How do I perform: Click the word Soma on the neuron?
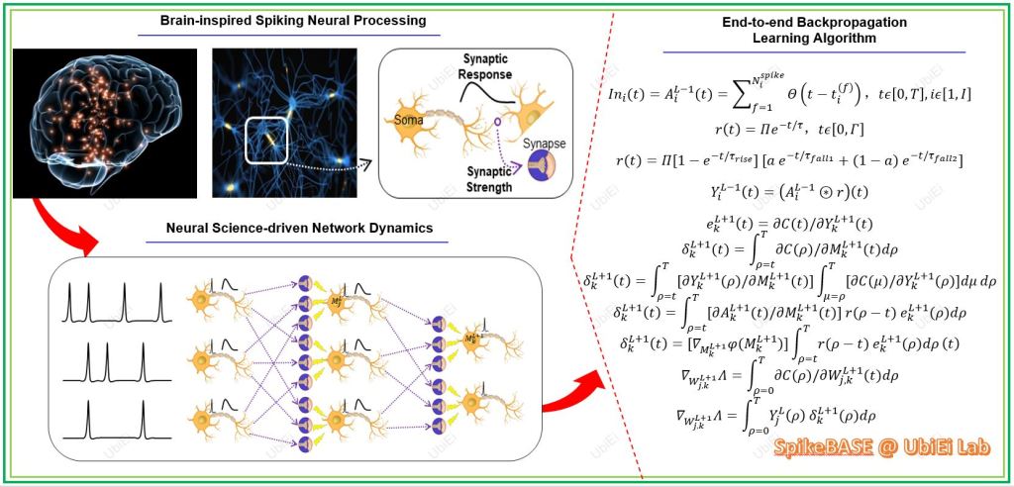[409, 122]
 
